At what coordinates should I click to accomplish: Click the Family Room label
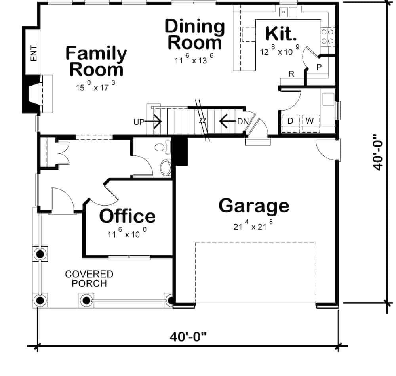(x=96, y=61)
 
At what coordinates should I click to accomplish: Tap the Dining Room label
(x=194, y=34)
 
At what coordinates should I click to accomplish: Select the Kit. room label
(x=281, y=34)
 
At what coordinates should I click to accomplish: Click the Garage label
(x=254, y=206)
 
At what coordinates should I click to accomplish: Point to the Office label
(x=127, y=216)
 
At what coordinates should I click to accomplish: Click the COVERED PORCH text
(x=89, y=279)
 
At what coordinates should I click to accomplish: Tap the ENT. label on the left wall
(x=34, y=52)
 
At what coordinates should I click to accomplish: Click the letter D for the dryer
(x=290, y=121)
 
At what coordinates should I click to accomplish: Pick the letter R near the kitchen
(x=291, y=74)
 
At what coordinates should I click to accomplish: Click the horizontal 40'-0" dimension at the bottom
(x=188, y=337)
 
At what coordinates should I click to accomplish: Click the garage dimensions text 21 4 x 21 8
(x=253, y=227)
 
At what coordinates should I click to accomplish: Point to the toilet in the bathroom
(x=166, y=167)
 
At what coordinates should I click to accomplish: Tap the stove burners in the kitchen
(x=327, y=35)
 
